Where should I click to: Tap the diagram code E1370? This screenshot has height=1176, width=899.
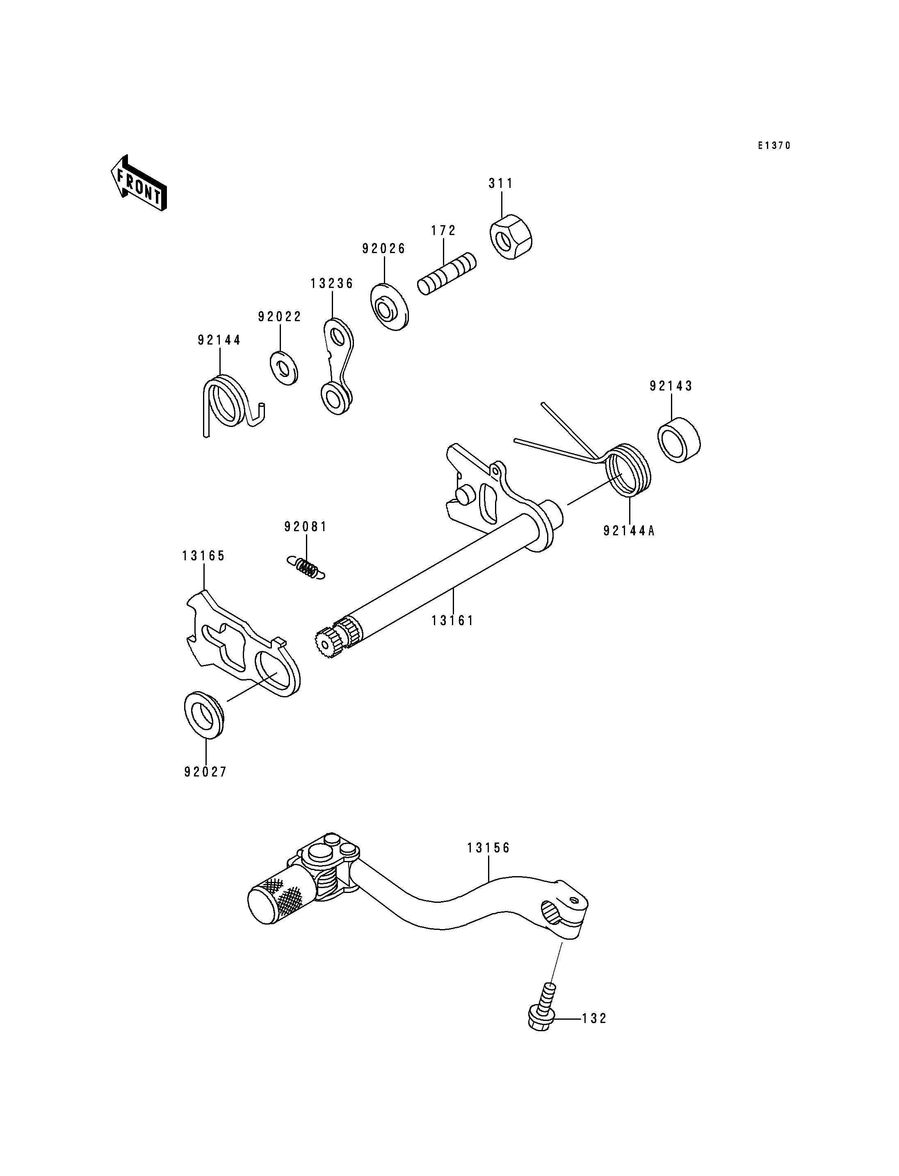point(774,146)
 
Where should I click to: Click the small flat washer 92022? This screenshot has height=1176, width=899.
point(284,368)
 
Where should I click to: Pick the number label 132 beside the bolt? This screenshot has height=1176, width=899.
point(595,1018)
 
